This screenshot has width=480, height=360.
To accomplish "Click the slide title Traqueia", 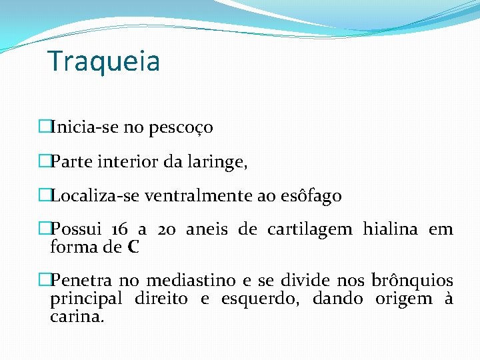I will pyautogui.click(x=104, y=61).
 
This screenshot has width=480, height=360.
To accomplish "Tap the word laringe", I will pyautogui.click(x=217, y=162).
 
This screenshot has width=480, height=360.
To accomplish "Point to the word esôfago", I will pyautogui.click(x=311, y=196).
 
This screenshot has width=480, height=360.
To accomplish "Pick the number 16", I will pyautogui.click(x=120, y=230).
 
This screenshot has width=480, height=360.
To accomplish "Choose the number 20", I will pyautogui.click(x=167, y=230).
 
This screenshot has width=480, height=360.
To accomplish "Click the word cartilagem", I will pyautogui.click(x=309, y=230).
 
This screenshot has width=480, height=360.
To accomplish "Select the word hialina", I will pyautogui.click(x=390, y=230).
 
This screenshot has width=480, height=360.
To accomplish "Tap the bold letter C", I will pyautogui.click(x=133, y=248).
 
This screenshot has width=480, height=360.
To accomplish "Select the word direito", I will pyautogui.click(x=161, y=299).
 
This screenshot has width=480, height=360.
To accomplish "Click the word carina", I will pyautogui.click(x=77, y=317).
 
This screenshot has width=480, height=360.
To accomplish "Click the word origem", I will pyautogui.click(x=403, y=299).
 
